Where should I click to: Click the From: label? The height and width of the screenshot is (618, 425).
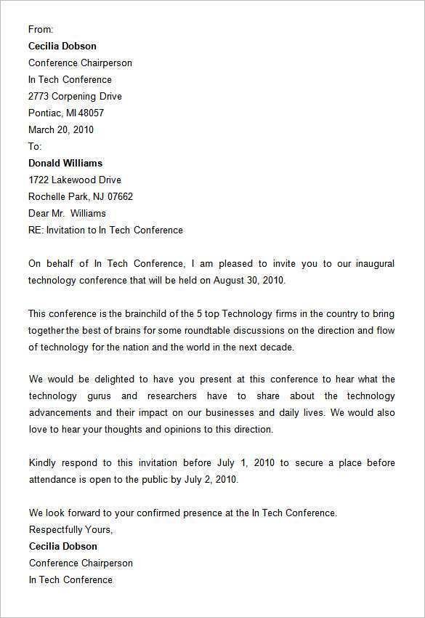[41, 29]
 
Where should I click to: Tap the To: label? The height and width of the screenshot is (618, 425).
[35, 146]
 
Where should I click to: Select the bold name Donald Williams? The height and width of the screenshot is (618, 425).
[65, 163]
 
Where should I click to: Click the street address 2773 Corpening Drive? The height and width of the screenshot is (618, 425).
[75, 96]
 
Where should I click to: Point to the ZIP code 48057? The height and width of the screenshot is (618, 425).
[91, 113]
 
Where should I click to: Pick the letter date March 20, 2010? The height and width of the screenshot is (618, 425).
[61, 129]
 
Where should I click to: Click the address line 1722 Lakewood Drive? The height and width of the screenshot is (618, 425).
[74, 180]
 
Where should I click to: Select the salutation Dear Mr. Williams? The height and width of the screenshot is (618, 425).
[67, 213]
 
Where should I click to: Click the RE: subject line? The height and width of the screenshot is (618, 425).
[105, 230]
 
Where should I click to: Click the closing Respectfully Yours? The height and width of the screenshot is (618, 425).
[70, 529]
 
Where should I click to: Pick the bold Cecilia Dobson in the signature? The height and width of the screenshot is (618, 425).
[62, 546]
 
